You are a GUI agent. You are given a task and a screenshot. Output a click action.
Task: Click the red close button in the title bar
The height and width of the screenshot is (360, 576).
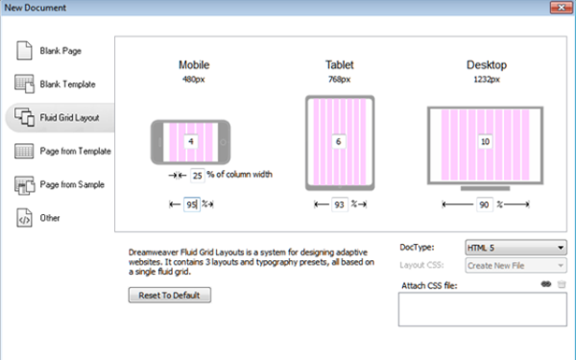pyautogui.click(x=561, y=8)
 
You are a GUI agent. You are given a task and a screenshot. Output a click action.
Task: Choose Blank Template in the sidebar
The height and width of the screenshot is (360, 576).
pyautogui.click(x=55, y=84)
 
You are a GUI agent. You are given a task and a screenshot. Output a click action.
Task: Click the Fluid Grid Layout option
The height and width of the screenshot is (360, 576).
pyautogui.click(x=60, y=117)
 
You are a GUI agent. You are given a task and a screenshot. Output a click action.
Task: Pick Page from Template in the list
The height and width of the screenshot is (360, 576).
pyautogui.click(x=62, y=151)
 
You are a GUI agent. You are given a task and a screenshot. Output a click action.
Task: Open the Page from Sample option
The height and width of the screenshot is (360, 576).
pyautogui.click(x=60, y=184)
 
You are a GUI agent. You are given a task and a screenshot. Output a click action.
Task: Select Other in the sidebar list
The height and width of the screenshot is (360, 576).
pyautogui.click(x=37, y=218)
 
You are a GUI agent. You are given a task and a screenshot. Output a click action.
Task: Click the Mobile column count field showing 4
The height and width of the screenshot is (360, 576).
pyautogui.click(x=191, y=141)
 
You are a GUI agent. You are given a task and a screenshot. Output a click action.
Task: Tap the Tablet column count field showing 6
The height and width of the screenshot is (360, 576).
pyautogui.click(x=339, y=141)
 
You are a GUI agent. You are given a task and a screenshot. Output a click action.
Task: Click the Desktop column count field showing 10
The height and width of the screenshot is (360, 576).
pyautogui.click(x=485, y=141)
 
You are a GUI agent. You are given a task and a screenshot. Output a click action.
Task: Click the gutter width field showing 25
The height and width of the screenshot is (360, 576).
pyautogui.click(x=197, y=176)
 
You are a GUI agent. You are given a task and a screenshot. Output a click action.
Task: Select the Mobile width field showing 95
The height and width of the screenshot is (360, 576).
pyautogui.click(x=192, y=204)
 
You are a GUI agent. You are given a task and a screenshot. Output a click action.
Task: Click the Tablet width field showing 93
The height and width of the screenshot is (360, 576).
pyautogui.click(x=340, y=204)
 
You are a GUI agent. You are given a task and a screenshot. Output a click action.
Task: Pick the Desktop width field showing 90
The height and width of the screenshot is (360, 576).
pyautogui.click(x=484, y=204)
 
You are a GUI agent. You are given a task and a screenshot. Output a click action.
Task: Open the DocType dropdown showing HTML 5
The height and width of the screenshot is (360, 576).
pyautogui.click(x=516, y=248)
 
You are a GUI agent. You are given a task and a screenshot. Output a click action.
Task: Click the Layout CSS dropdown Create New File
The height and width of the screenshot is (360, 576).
pyautogui.click(x=516, y=265)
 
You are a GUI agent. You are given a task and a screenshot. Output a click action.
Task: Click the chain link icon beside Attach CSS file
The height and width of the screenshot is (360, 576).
pyautogui.click(x=546, y=284)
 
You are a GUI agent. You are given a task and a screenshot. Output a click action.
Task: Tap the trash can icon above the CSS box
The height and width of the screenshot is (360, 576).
pyautogui.click(x=562, y=284)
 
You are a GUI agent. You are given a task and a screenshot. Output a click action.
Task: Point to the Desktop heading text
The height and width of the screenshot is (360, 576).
pyautogui.click(x=487, y=65)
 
